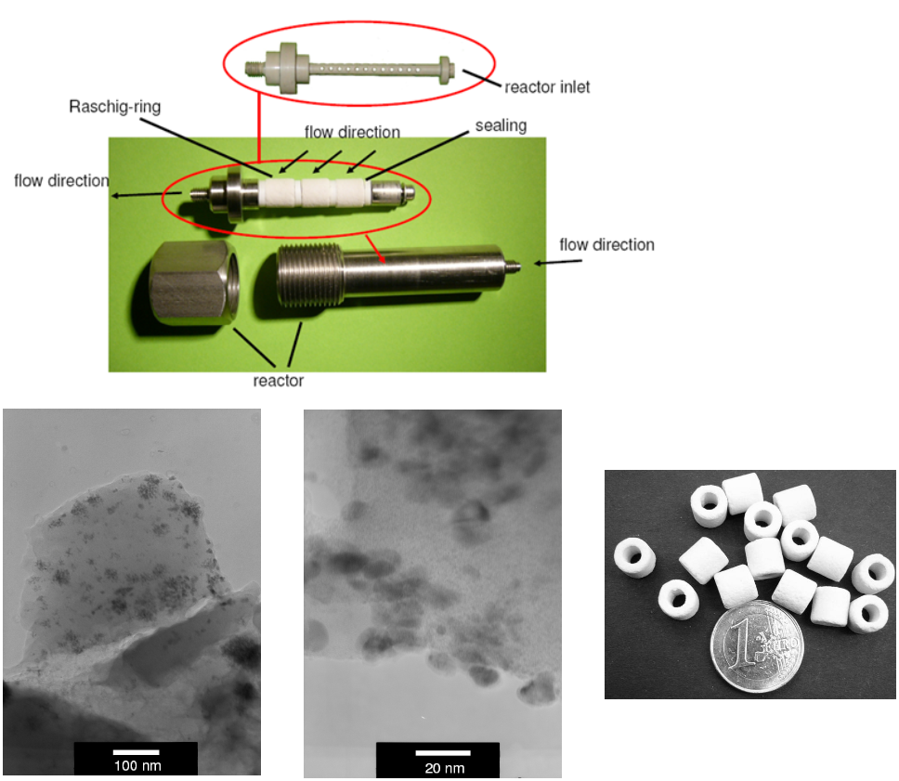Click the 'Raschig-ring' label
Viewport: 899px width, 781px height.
point(114,107)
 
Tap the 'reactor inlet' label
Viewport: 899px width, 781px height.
point(547,87)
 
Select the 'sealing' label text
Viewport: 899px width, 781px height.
point(501,125)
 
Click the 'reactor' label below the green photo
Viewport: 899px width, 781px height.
point(278,381)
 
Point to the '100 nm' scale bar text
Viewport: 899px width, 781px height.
point(137,765)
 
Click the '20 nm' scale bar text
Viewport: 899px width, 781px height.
point(444,768)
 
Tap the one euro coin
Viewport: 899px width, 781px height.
point(756,645)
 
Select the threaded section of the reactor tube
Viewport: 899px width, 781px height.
point(310,274)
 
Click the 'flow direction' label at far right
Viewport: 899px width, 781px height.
point(606,245)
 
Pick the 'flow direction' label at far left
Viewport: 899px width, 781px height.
point(61,181)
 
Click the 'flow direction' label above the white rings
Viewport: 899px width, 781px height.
point(352,133)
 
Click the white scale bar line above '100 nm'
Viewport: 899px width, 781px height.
point(136,752)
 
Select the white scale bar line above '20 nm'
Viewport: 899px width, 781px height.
point(443,752)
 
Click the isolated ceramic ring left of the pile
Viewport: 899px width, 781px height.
point(634,557)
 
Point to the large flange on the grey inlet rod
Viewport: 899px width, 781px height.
point(288,68)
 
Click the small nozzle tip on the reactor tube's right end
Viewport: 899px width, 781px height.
point(514,265)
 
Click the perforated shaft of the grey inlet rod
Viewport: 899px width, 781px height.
point(374,70)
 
